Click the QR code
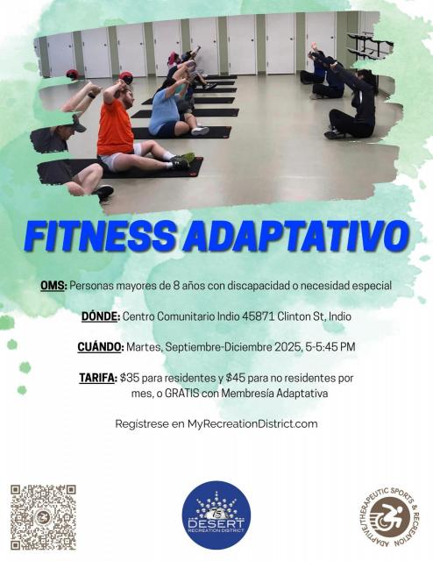coord(43,517)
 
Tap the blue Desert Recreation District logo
coord(216,515)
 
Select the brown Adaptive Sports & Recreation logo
coord(388,516)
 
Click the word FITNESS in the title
coord(100,237)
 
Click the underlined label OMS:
coord(53,286)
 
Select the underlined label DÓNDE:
coord(101,316)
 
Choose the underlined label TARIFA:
coord(97,378)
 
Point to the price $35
coord(129,378)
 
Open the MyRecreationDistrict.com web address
coord(252,424)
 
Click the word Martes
coord(145,347)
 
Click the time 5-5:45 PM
coord(330,347)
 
